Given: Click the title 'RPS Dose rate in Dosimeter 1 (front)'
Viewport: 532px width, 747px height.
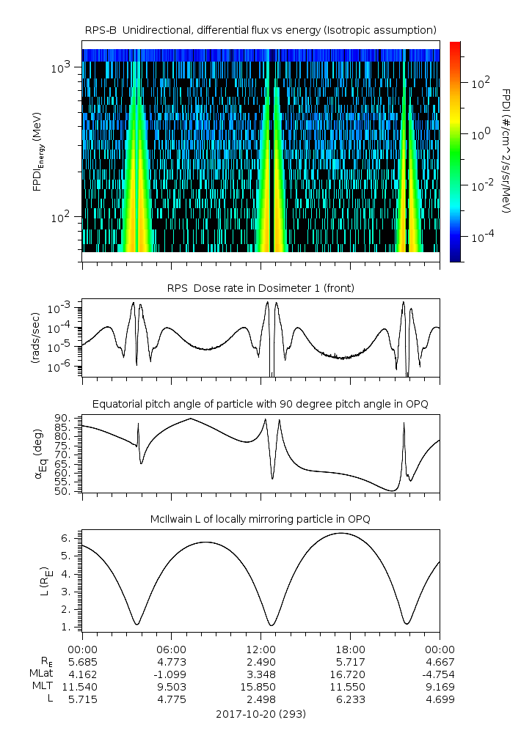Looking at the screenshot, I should [x=260, y=288].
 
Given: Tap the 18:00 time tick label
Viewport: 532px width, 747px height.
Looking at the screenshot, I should [x=350, y=649].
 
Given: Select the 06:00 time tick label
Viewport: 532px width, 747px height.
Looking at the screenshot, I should [x=172, y=649].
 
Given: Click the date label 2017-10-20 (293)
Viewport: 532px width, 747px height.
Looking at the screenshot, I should [x=260, y=713].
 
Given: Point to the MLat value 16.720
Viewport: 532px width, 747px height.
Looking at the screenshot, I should [x=350, y=674].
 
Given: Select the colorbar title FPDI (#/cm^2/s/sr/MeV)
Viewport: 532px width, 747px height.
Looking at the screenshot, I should [x=506, y=150].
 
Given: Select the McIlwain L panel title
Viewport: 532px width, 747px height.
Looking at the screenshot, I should [x=260, y=519].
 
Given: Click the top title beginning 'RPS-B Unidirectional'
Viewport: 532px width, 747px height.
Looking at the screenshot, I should [x=260, y=29].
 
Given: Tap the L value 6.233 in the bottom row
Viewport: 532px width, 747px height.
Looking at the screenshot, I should [x=350, y=699].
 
